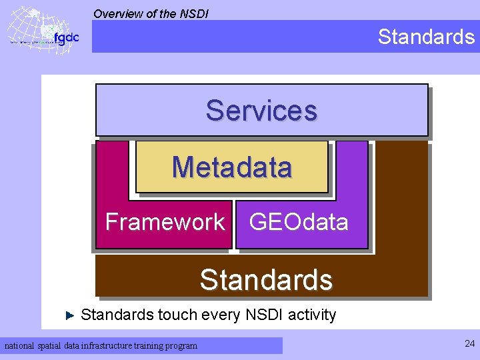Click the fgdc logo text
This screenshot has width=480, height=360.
coord(66,38)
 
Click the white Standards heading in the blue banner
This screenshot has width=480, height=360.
coord(426,37)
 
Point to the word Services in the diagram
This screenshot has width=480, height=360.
coord(261,111)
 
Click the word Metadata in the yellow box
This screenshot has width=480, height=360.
coord(232,167)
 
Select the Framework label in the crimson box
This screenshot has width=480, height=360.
coord(165,221)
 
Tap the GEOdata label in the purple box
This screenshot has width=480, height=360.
coord(299,221)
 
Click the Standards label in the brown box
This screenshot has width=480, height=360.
coord(266,280)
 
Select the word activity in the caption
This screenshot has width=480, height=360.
coord(312,315)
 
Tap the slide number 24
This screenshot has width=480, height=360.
coord(469,344)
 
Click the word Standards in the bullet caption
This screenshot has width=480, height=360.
coord(117,315)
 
